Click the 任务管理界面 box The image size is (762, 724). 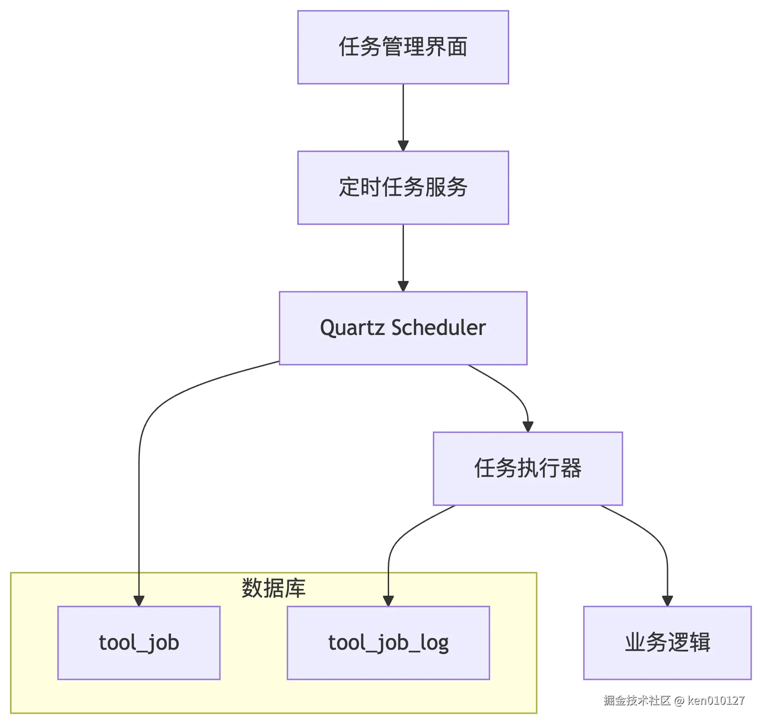point(403,47)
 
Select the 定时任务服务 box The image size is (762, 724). point(403,188)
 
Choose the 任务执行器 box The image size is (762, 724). point(528,468)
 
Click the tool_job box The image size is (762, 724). point(139,643)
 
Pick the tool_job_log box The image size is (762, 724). point(388,643)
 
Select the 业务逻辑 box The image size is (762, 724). point(667,643)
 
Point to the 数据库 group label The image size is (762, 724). point(273,588)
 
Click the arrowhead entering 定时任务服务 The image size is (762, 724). point(403,146)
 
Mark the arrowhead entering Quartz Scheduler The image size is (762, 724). point(403,286)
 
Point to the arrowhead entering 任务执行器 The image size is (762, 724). point(528,426)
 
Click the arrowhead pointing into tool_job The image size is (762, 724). point(139,601)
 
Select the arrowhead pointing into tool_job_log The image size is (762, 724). point(388,601)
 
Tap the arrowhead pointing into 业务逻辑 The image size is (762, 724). point(667,601)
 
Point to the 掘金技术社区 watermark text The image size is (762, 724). point(636,700)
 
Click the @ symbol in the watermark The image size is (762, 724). point(679,701)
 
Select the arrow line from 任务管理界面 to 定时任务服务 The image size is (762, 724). point(403,113)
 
